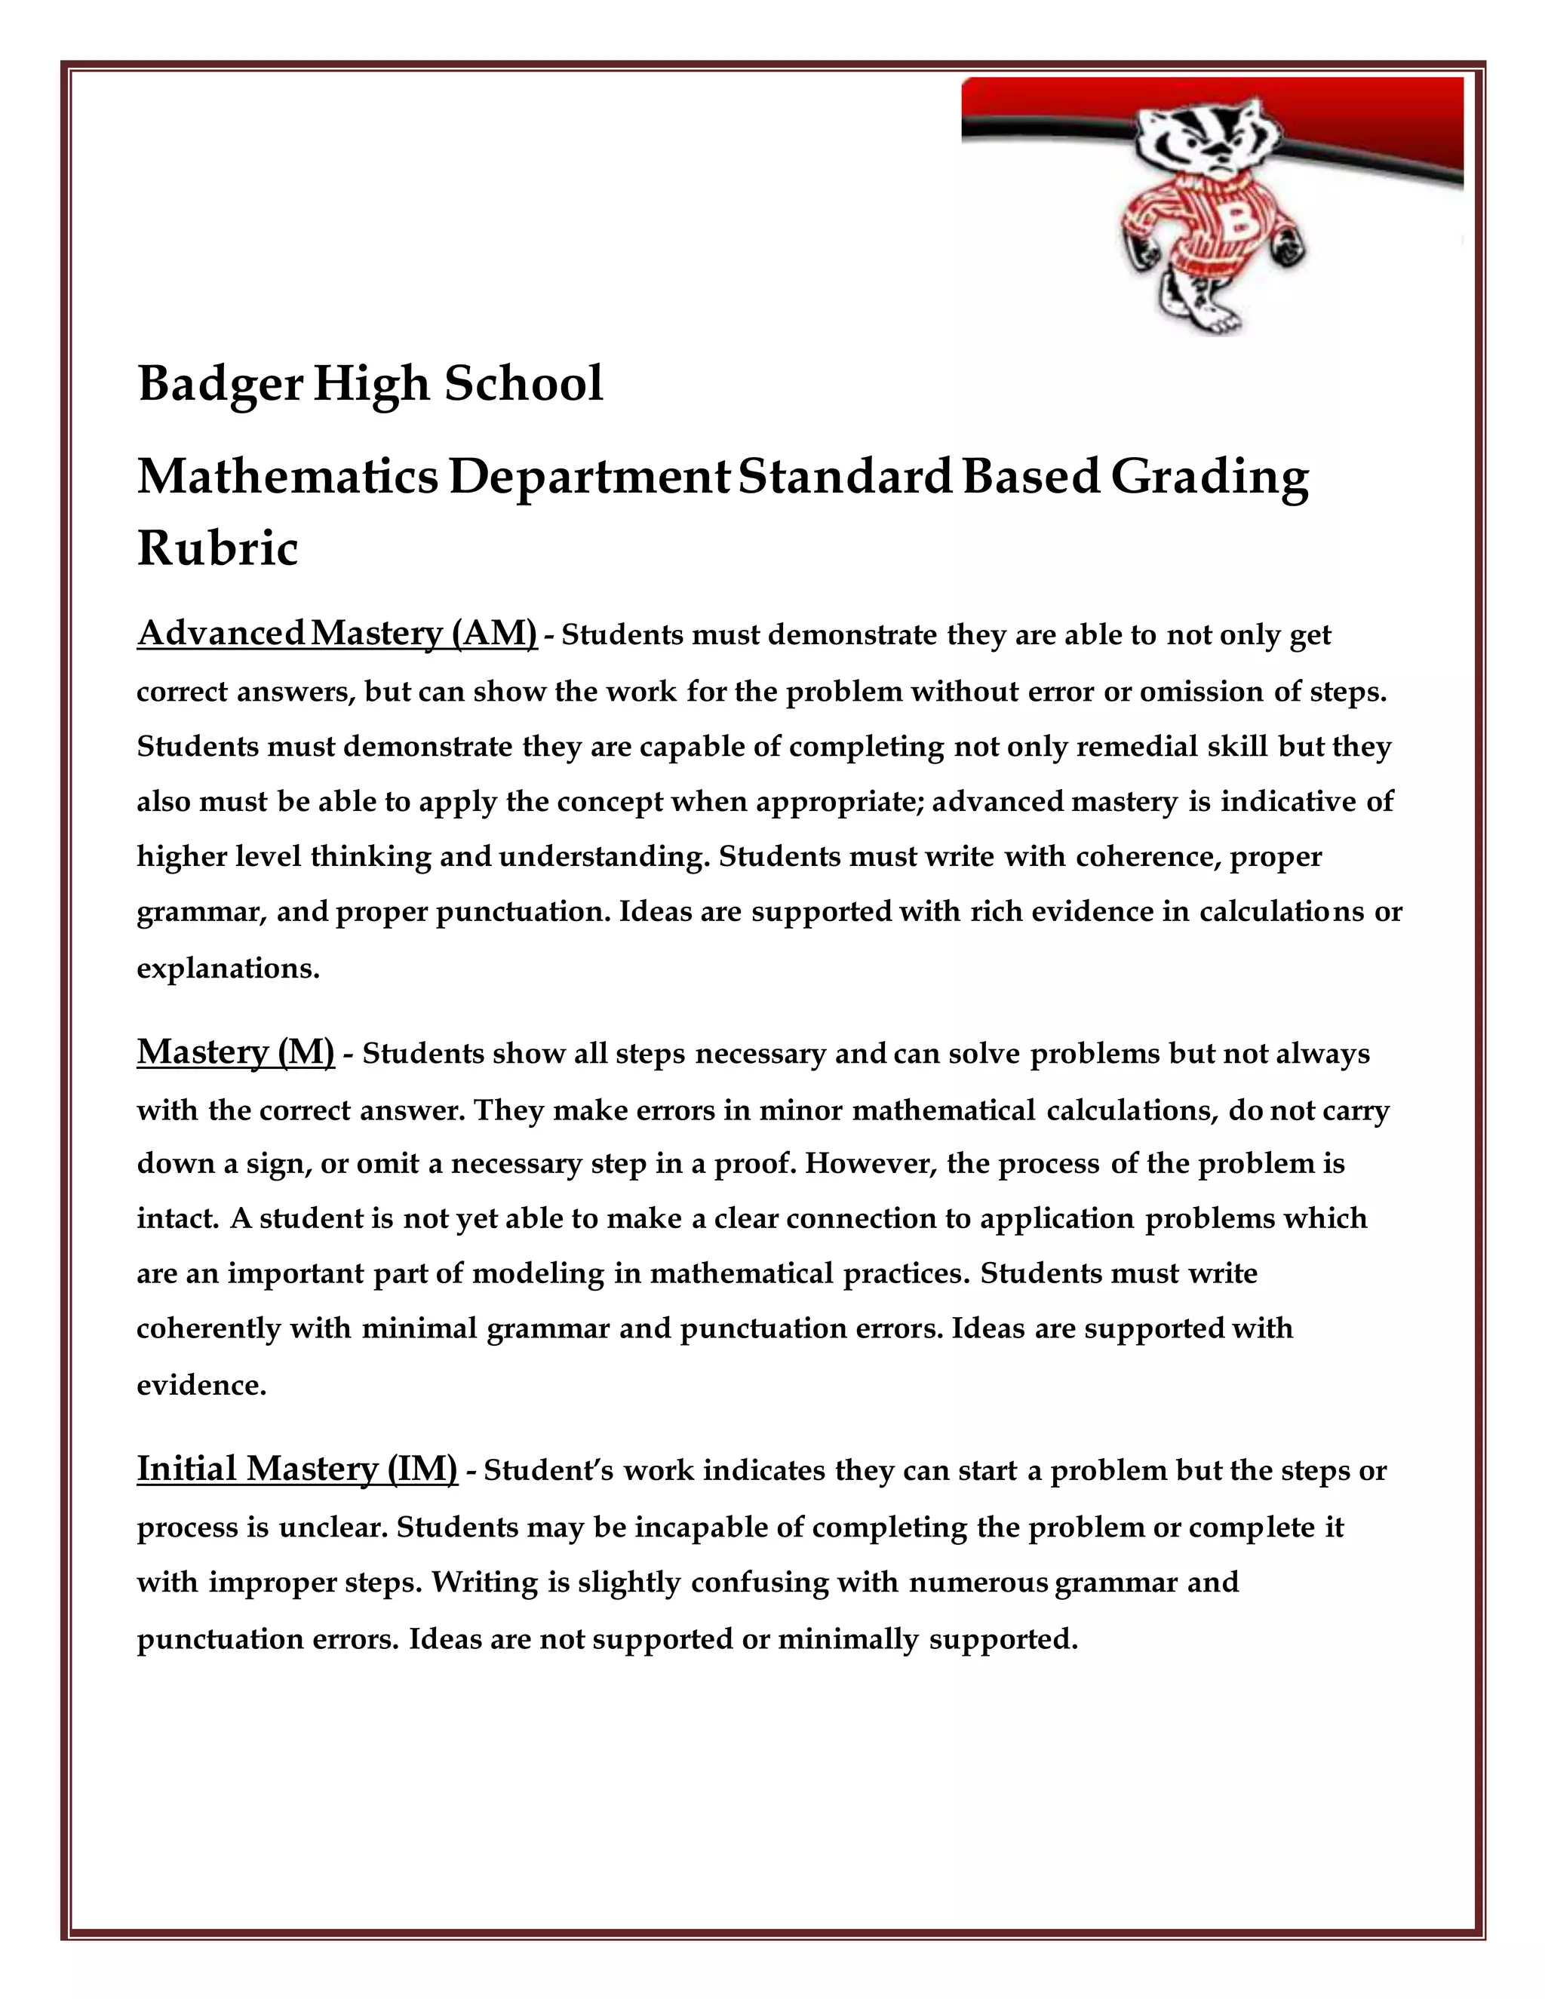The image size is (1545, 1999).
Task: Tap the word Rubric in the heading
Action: (218, 549)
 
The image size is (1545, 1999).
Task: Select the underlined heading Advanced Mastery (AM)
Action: (336, 634)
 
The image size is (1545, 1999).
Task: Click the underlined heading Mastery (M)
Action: (235, 1052)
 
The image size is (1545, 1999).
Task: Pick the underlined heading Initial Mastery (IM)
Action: (296, 1468)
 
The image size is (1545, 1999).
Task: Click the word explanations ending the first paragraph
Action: (228, 969)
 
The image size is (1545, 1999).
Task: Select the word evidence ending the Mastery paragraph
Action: (201, 1386)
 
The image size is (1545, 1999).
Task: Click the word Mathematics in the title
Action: (287, 477)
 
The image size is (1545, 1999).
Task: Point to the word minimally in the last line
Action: (847, 1638)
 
